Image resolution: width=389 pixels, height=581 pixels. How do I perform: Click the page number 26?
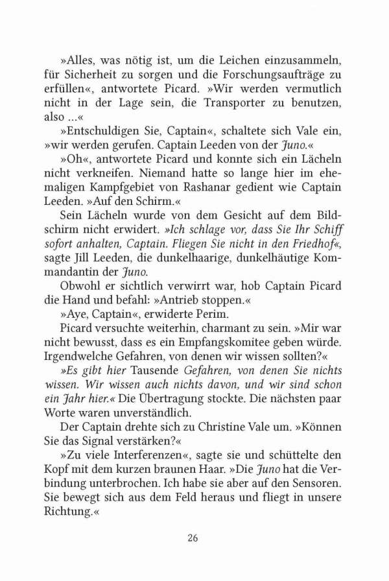(193, 537)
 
